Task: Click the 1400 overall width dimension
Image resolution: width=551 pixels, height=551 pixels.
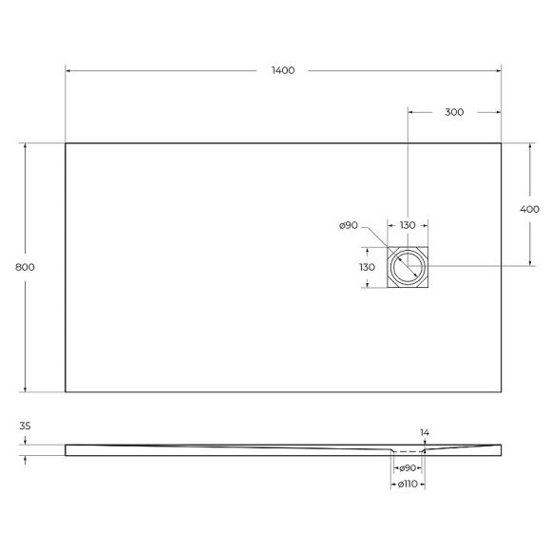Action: point(282,71)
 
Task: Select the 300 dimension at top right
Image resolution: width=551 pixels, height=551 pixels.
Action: point(454,112)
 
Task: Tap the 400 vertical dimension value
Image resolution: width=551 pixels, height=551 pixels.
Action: point(529,209)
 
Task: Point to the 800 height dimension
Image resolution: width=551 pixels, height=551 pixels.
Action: point(26,267)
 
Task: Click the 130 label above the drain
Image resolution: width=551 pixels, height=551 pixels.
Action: point(408,225)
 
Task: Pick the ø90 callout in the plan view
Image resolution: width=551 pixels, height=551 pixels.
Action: point(348,225)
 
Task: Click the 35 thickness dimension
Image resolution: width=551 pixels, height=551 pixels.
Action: point(26,427)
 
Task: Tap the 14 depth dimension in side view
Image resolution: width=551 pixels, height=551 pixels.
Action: point(425,433)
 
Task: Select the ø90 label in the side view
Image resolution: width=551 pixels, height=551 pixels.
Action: point(408,468)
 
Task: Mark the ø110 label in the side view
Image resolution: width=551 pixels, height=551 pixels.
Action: point(408,484)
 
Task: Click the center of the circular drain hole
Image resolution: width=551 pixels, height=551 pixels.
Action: point(408,267)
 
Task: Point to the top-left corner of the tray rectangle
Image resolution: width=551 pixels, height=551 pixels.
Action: point(66,143)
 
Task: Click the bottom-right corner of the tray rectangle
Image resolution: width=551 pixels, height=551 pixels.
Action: point(501,391)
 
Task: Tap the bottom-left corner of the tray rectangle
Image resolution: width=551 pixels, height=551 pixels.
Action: point(66,391)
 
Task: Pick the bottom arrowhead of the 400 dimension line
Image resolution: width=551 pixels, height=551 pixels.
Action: point(529,263)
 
